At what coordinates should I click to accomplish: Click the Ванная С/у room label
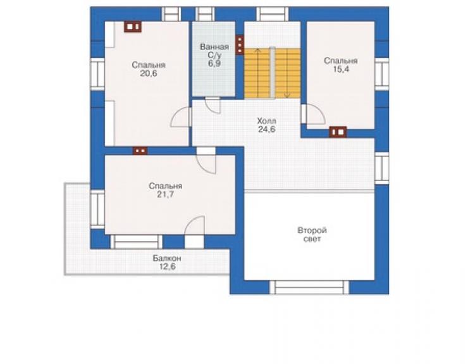pos(214,51)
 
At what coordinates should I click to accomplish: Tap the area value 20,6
pos(149,73)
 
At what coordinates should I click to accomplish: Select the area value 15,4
pos(341,70)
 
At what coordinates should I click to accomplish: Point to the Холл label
pos(266,121)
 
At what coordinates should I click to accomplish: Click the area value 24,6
pos(266,129)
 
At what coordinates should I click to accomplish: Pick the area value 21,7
pos(165,194)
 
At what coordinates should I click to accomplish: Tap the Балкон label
pos(167,258)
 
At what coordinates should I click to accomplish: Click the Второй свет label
pos(312,235)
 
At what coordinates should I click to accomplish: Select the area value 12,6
pos(167,267)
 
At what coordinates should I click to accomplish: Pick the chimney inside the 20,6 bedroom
pos(133,27)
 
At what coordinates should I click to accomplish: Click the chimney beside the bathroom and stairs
pos(240,45)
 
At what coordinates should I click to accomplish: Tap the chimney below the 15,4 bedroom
pos(338,132)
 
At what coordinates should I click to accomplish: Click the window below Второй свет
pos(309,287)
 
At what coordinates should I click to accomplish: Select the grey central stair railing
pos(272,72)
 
